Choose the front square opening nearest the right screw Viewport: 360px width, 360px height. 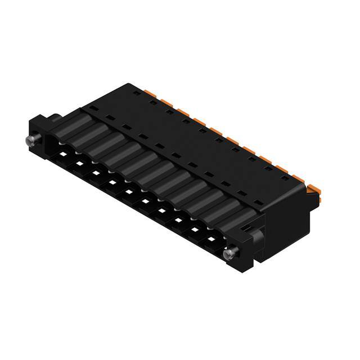[x=211, y=240]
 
